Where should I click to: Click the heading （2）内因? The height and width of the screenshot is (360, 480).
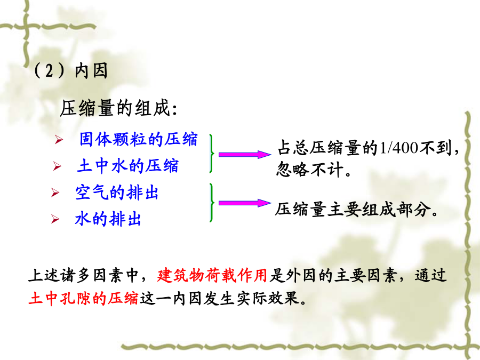(70, 71)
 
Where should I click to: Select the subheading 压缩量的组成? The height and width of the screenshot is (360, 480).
(118, 108)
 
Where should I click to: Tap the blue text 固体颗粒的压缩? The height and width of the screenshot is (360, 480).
(138, 139)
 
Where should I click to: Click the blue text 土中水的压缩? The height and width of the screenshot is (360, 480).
(127, 166)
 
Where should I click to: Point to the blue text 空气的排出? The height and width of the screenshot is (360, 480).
(117, 193)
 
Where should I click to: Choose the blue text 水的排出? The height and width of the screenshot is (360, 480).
(108, 219)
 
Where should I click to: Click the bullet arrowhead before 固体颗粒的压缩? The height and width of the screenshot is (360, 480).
(59, 140)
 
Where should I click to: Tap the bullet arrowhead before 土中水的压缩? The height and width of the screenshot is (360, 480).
(57, 166)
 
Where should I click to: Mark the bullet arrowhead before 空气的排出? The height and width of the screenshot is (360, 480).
(55, 193)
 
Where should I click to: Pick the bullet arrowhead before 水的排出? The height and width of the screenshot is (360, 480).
(55, 219)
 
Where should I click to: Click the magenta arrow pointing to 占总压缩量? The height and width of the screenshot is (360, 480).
(245, 155)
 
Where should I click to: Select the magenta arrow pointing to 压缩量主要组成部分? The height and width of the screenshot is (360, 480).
(245, 203)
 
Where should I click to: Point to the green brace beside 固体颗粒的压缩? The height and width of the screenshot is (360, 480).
(212, 153)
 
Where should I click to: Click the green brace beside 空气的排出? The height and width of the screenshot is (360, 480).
(212, 202)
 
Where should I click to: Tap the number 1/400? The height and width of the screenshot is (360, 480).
(399, 148)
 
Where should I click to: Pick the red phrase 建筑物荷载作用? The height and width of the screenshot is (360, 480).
(212, 275)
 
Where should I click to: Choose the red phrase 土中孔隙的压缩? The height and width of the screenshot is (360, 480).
(84, 298)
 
